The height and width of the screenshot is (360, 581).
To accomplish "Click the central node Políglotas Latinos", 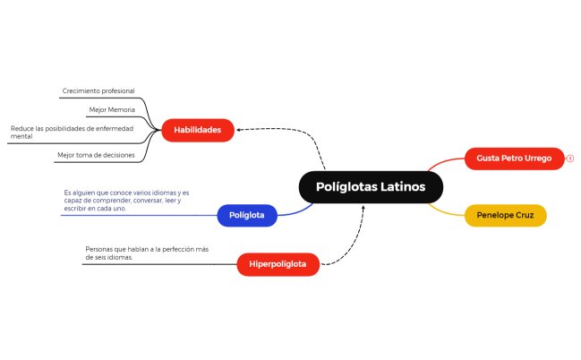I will pos(371,187).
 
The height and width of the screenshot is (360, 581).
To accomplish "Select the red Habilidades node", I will pos(197,130).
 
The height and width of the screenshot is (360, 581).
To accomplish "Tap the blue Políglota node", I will pos(246,215).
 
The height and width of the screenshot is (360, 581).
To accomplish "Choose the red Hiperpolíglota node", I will pos(278,264).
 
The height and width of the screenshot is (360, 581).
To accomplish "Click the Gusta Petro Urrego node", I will pos(514,159).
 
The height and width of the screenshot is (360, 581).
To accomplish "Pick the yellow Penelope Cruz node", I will pos(505,216).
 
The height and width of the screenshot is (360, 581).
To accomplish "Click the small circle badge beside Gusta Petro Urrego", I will pos(570,159).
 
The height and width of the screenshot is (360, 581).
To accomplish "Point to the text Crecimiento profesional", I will pos(98,91).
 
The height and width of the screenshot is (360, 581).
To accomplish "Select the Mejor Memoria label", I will pos(112,109).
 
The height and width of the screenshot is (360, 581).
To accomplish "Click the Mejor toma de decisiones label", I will pos(96,155).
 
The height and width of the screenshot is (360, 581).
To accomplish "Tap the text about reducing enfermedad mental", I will pos(72,133).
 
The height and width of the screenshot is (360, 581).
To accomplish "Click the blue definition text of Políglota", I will pos(126,201).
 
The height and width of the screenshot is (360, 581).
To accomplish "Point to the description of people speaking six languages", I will pos(147,253).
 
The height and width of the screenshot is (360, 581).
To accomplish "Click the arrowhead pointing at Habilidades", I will pos(239,130).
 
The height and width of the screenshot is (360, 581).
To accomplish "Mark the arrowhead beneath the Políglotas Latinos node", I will pos(363,209).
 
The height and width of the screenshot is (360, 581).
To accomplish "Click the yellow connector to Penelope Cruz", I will pos(445,210).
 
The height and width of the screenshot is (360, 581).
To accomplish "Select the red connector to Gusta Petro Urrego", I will pos(445,163).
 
